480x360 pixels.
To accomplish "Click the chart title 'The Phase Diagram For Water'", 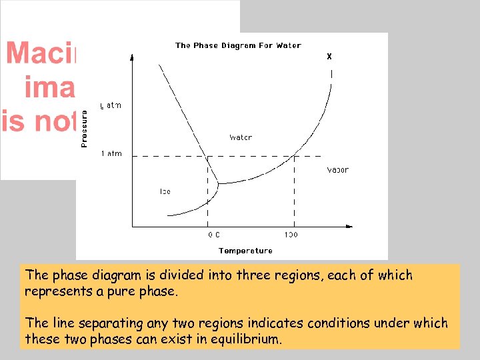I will pyautogui.click(x=238, y=45).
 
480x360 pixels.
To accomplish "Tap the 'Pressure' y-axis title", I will pyautogui.click(x=84, y=129).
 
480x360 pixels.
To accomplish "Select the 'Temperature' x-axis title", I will pyautogui.click(x=245, y=251).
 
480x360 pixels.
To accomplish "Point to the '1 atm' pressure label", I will pyautogui.click(x=111, y=154).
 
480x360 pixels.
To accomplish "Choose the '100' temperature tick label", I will pyautogui.click(x=291, y=235).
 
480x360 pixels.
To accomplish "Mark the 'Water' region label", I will pyautogui.click(x=241, y=137).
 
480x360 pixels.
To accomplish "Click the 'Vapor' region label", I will pyautogui.click(x=337, y=169).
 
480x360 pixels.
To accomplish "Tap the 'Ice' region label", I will pyautogui.click(x=165, y=191).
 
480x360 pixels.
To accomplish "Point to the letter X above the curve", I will pyautogui.click(x=329, y=57).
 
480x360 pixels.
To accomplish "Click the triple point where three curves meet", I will pyautogui.click(x=219, y=182).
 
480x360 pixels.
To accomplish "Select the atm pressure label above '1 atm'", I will pyautogui.click(x=111, y=105).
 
